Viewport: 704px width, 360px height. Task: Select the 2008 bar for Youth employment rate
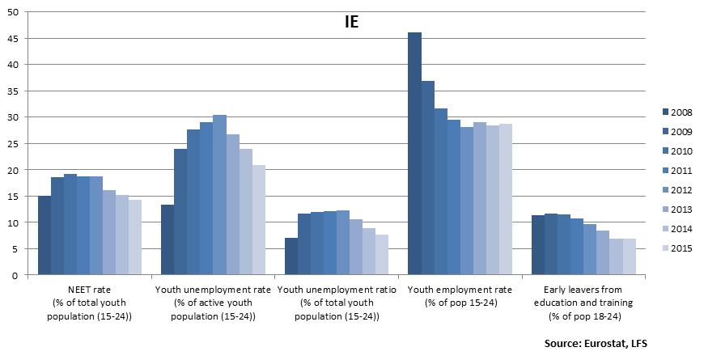414,154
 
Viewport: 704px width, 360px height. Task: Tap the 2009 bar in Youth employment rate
427,178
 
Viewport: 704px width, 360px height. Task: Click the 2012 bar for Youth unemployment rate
219,195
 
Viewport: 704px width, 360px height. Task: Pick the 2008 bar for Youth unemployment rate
168,239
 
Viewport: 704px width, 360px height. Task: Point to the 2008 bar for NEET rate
45,235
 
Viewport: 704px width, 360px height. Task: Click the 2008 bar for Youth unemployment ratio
291,256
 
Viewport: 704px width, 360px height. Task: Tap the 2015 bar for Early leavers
629,256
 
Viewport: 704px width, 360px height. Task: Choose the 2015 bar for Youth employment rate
505,199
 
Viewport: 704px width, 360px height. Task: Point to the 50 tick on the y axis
16,12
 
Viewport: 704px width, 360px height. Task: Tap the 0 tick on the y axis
19,275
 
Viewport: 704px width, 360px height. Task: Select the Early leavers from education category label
583,302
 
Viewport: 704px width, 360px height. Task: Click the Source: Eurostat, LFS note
596,344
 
